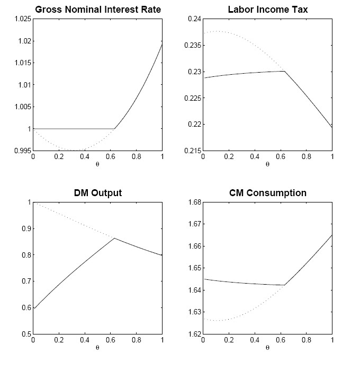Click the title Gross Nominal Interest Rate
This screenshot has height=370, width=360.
(98, 10)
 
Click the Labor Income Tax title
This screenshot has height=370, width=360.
(267, 10)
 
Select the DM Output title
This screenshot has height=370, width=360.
(98, 193)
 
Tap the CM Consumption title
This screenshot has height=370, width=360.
(267, 193)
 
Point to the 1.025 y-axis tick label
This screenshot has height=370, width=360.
(22, 19)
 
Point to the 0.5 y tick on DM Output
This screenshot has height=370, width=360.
(26, 334)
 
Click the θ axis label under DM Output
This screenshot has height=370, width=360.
(98, 348)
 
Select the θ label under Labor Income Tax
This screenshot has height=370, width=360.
(267, 164)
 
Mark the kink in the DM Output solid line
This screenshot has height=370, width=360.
(114, 238)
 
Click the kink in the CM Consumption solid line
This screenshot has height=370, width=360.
(285, 285)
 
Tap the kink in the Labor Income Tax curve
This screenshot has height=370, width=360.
(285, 71)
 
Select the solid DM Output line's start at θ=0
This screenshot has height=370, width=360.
(33, 308)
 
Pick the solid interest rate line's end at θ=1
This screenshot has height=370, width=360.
(162, 44)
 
